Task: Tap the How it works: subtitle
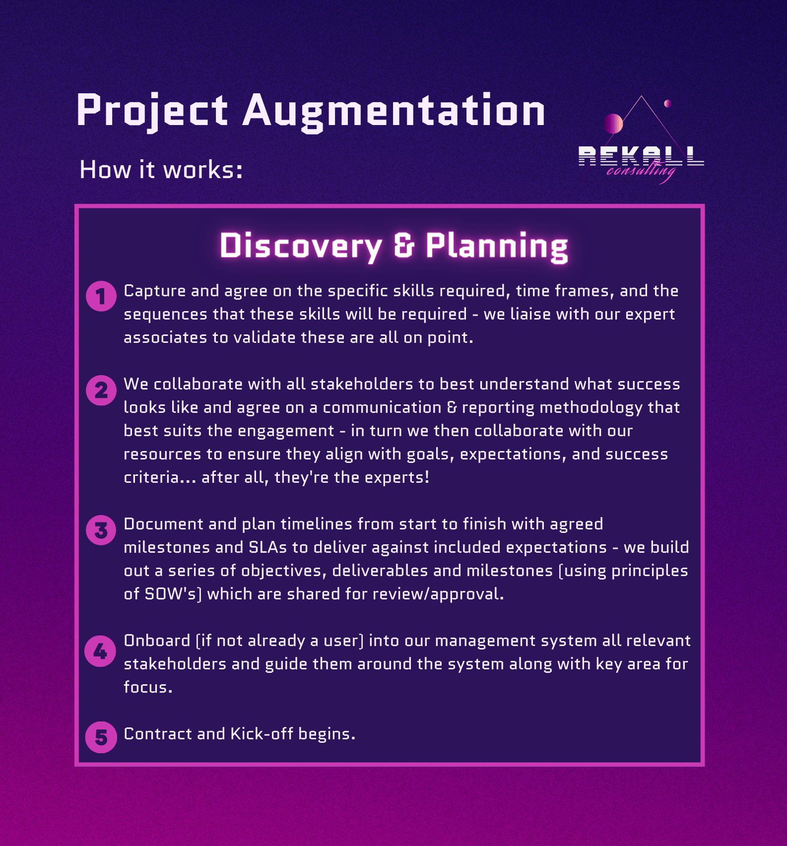pos(161,170)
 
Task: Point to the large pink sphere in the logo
pos(613,124)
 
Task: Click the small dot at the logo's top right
pos(668,103)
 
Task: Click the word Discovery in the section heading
pos(301,246)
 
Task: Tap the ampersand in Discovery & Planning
pos(404,246)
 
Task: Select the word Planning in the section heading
pos(497,246)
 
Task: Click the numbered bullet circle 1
pos(101,296)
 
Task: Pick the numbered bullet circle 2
pos(101,390)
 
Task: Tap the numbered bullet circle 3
pos(101,530)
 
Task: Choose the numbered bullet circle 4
pos(100,651)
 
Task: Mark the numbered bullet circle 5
pos(101,737)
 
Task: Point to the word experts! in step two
pos(397,477)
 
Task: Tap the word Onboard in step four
pos(157,641)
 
